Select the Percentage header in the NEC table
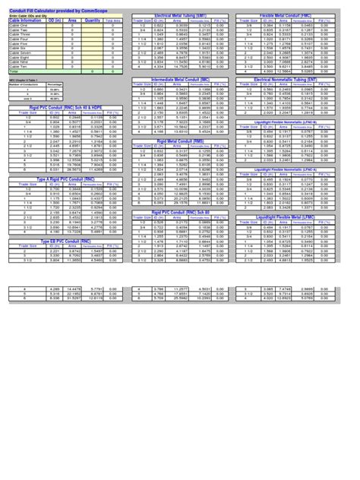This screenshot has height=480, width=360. pyautogui.click(x=55, y=85)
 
